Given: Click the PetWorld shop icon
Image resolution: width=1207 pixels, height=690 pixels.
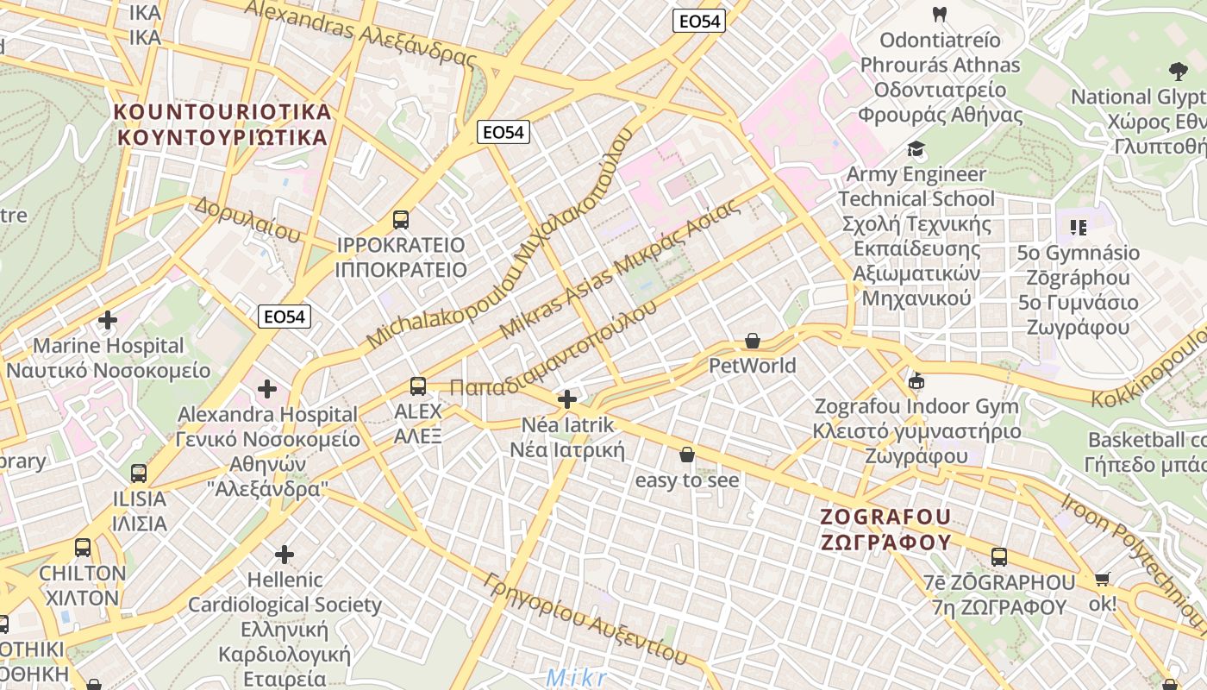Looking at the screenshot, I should [753, 342].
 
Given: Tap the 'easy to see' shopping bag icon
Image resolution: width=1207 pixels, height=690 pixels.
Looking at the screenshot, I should [687, 455].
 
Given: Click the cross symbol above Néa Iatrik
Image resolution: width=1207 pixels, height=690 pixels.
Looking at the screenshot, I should [567, 399].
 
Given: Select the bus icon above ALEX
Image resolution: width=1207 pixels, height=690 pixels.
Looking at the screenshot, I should [418, 386].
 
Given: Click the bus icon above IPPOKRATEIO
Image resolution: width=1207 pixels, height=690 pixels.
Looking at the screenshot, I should [401, 219].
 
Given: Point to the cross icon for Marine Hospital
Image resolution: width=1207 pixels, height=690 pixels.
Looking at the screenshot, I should [108, 321].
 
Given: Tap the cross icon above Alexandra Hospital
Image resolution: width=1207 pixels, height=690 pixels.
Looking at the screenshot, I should [267, 389].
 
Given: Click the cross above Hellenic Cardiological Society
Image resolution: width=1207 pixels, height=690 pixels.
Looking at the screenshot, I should [285, 554].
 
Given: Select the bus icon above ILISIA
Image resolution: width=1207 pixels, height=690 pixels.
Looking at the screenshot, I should [139, 473].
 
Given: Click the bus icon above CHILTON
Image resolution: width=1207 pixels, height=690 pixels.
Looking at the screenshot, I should [83, 548].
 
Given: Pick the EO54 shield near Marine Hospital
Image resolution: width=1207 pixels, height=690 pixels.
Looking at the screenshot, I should [285, 317].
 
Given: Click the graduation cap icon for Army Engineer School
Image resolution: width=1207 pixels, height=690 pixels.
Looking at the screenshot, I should [916, 149].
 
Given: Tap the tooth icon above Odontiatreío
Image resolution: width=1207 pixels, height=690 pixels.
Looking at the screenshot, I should [940, 15].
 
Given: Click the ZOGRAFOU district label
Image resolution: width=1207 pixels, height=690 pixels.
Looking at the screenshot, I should [885, 529].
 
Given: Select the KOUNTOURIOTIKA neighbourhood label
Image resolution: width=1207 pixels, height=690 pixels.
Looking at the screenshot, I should [222, 124].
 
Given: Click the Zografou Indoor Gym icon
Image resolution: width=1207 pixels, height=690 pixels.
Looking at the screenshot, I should [916, 381].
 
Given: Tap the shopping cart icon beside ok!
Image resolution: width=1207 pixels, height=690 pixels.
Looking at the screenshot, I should [1102, 579].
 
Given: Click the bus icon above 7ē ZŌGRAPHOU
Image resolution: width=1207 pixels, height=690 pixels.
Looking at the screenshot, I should [999, 557].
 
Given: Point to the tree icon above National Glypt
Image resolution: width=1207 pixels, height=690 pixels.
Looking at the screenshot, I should [1178, 72].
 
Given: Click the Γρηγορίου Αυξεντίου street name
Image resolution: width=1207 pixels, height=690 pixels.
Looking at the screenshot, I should [586, 618].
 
